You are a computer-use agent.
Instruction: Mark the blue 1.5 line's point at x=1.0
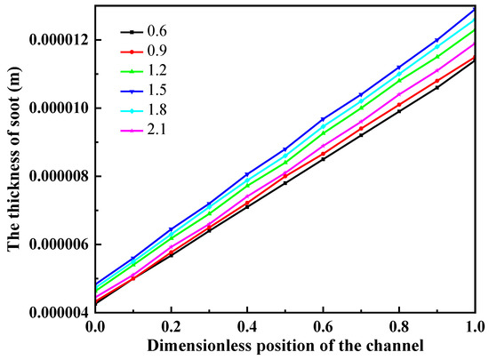click(x=476, y=9)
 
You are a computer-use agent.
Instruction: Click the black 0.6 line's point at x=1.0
click(x=476, y=60)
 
